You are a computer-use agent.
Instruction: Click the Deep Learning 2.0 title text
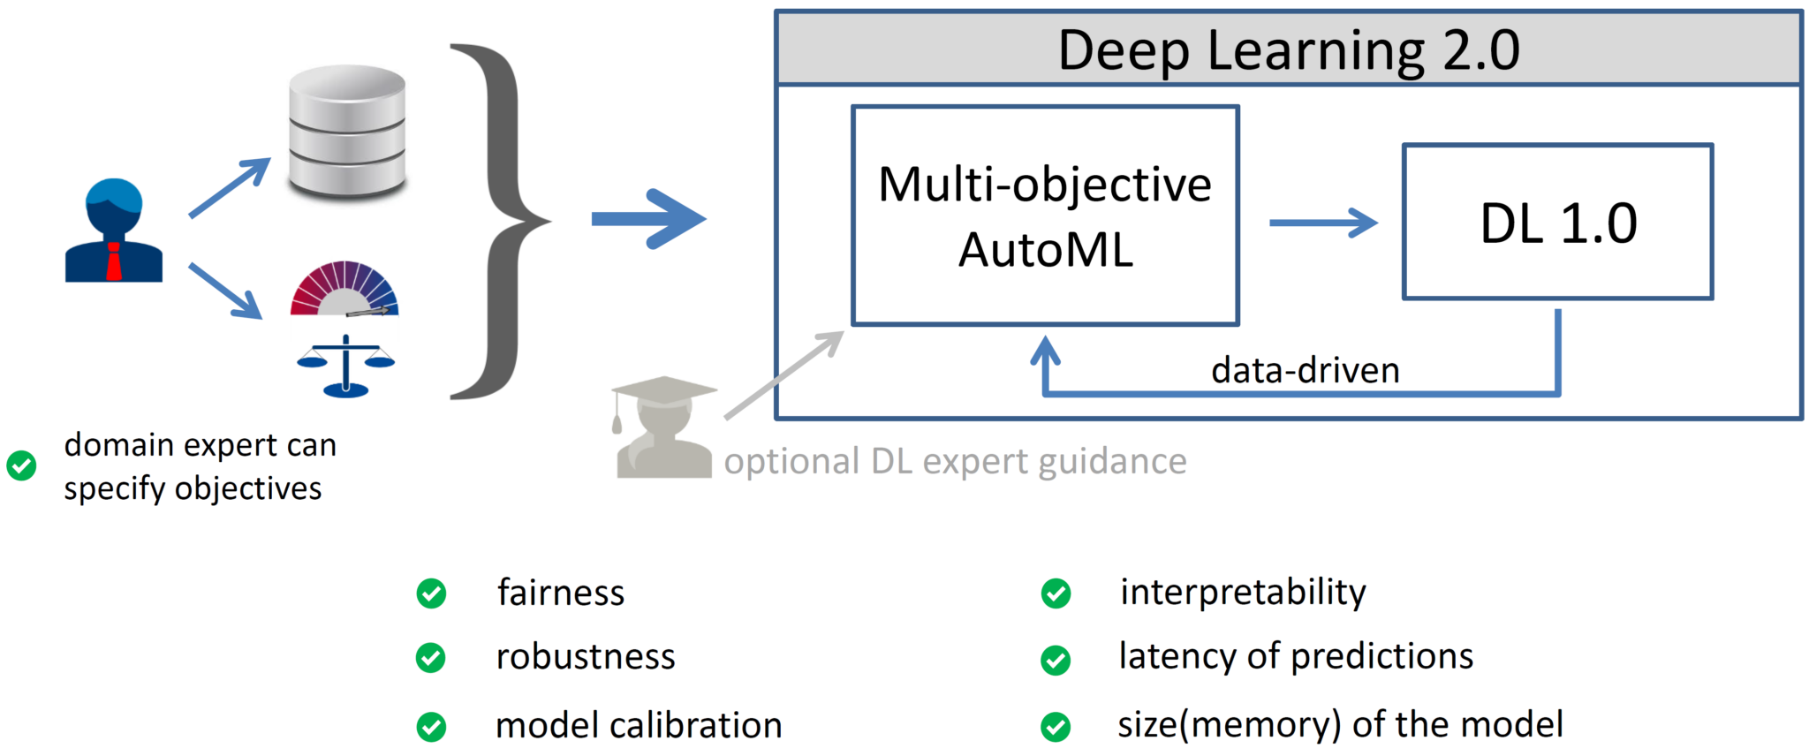[x=1288, y=49]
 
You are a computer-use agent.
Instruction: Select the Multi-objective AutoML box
[x=1045, y=216]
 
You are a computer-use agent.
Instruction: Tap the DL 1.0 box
[x=1557, y=223]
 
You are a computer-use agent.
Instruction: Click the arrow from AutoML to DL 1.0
[x=1322, y=223]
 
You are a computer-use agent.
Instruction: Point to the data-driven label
[x=1305, y=370]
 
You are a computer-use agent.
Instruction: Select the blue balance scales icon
[x=345, y=366]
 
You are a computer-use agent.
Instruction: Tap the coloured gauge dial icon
[x=344, y=290]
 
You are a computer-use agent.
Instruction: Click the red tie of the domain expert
[x=114, y=261]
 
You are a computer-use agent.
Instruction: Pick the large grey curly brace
[x=499, y=221]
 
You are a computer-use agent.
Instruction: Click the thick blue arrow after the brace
[x=648, y=219]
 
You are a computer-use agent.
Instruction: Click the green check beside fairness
[x=431, y=593]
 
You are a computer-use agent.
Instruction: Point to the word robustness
[x=585, y=657]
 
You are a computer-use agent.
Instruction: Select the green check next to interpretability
[x=1056, y=593]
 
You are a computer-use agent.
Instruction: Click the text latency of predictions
[x=1295, y=656]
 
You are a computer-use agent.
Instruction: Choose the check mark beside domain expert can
[x=21, y=465]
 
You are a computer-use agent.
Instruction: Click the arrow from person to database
[x=230, y=187]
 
